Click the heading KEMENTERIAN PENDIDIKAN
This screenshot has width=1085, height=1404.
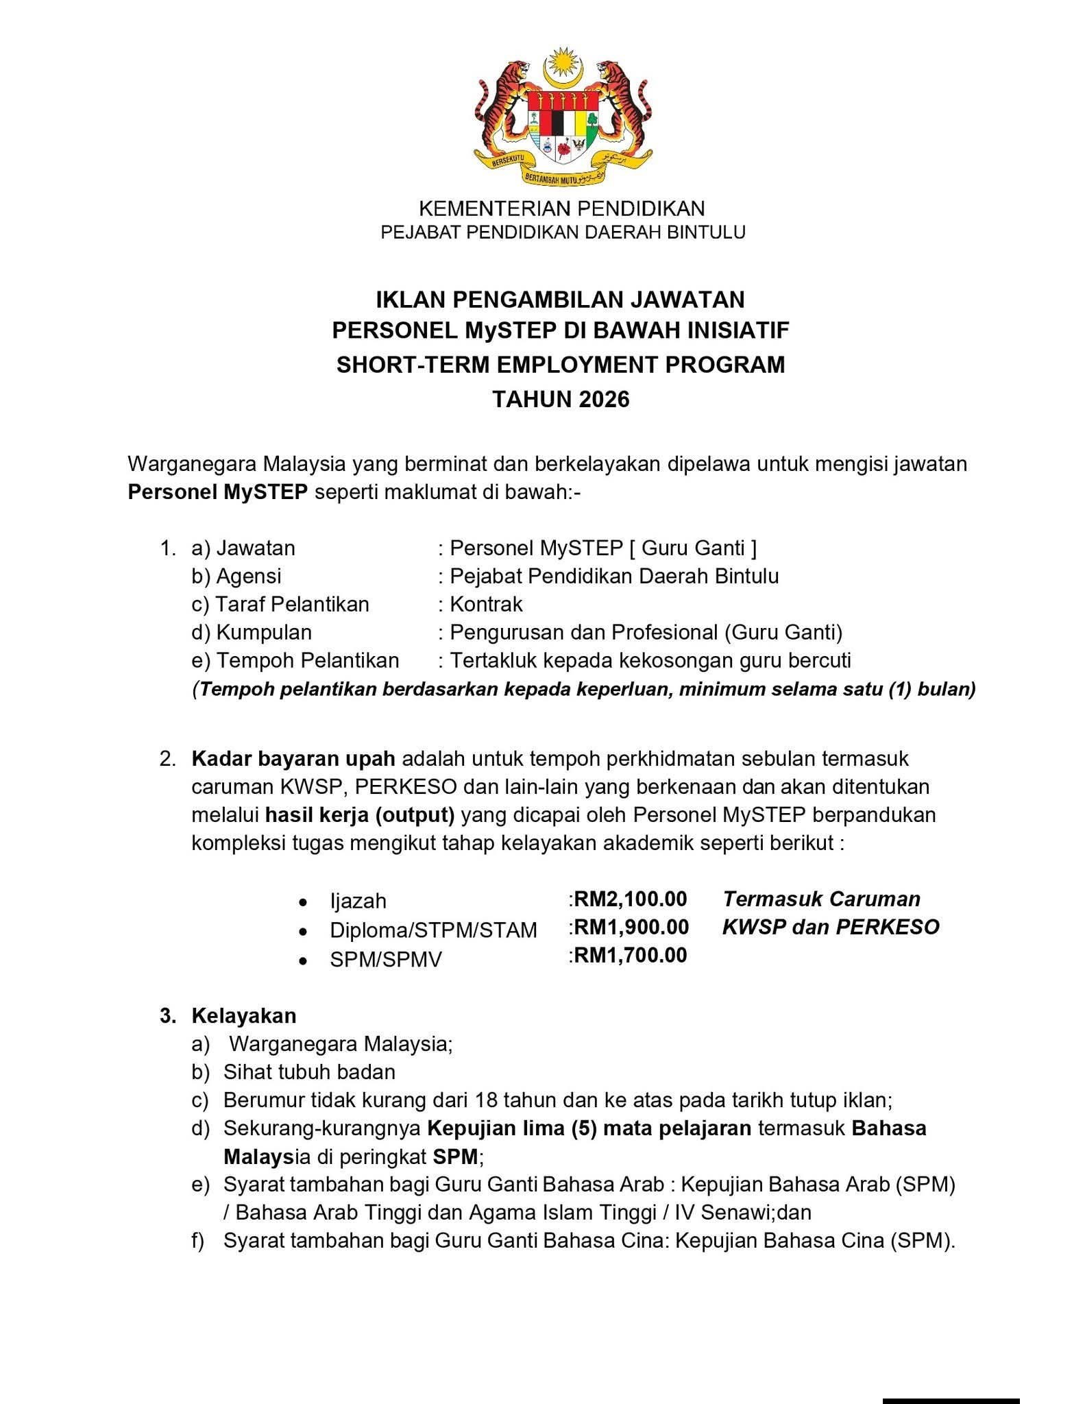click(x=561, y=208)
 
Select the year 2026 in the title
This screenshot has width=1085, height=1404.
click(x=604, y=399)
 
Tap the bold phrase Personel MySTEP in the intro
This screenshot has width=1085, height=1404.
click(x=217, y=492)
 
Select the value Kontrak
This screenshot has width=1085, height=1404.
click(x=486, y=604)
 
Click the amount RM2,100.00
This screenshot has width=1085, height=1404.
click(x=630, y=899)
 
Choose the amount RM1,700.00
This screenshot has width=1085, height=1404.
click(x=630, y=955)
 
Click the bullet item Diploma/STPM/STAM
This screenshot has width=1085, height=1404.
click(x=433, y=930)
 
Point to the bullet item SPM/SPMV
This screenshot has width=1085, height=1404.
click(x=385, y=959)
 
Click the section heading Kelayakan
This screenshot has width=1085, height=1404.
click(x=244, y=1015)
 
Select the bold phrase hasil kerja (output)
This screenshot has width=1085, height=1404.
click(x=360, y=814)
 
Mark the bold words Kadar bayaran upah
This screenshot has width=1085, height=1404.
click(x=293, y=759)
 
